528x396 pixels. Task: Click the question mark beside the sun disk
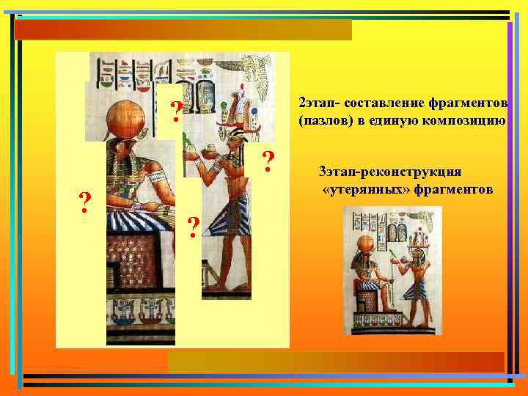[x=177, y=111]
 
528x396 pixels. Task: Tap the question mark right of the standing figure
[x=269, y=161]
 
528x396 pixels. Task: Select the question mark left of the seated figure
[x=86, y=201]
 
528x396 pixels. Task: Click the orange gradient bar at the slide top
[x=183, y=30]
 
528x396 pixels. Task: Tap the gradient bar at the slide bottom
[x=336, y=362]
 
